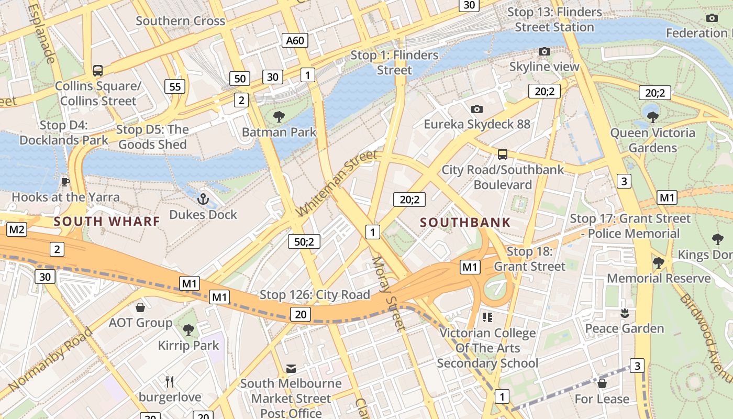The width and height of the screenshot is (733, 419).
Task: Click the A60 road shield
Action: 295,40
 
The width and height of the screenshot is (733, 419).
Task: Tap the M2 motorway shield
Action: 17,229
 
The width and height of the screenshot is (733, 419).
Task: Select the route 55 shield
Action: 175,86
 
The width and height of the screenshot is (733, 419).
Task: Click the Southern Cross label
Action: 180,21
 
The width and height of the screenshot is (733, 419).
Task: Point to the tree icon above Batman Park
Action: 279,116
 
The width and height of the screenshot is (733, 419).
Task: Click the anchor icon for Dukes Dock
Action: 203,199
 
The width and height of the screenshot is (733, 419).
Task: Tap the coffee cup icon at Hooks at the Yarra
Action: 65,181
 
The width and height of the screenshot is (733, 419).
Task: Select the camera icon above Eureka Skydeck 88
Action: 476,109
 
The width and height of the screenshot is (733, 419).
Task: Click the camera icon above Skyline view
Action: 545,51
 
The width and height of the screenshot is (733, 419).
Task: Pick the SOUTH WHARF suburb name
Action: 107,221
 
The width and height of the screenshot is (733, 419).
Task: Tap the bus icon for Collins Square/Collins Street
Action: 97,70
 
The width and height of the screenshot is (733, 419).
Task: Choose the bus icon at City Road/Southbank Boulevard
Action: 503,154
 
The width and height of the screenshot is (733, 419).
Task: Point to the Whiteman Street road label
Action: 336,183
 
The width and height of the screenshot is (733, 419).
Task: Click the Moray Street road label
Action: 389,293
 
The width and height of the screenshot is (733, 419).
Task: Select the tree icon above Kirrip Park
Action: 188,330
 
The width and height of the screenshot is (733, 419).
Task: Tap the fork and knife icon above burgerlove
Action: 169,381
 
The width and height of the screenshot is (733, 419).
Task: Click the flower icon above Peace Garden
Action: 624,313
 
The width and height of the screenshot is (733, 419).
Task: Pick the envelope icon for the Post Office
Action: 291,369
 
